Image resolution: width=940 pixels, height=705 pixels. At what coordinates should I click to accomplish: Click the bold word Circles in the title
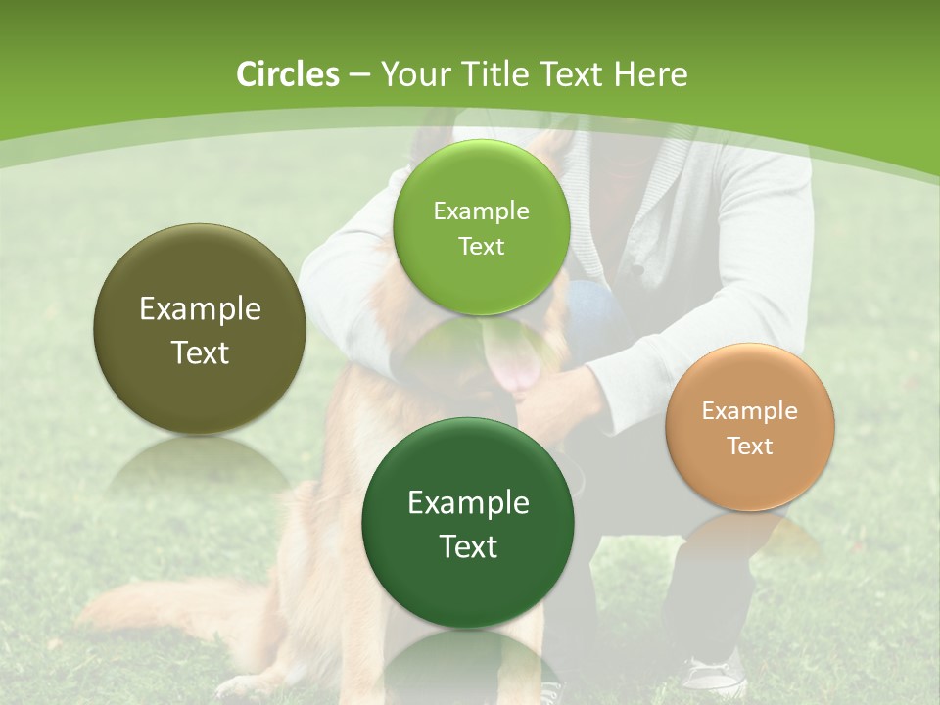click(287, 74)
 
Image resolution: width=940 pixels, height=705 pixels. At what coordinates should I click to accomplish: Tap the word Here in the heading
click(650, 74)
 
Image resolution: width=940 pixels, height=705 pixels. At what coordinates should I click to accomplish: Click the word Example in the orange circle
click(749, 410)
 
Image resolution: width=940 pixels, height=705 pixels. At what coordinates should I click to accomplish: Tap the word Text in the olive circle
click(200, 352)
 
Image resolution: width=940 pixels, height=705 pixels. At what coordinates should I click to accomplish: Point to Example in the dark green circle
click(468, 503)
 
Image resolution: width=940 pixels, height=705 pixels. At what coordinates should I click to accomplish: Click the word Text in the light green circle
click(481, 246)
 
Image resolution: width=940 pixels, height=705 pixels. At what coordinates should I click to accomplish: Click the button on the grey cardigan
click(635, 268)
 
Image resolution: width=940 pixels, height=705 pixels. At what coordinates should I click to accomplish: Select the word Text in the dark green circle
click(468, 546)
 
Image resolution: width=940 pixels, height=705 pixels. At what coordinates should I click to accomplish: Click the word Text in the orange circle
click(750, 446)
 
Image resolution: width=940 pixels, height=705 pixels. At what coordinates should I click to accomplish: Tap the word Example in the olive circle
click(200, 309)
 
